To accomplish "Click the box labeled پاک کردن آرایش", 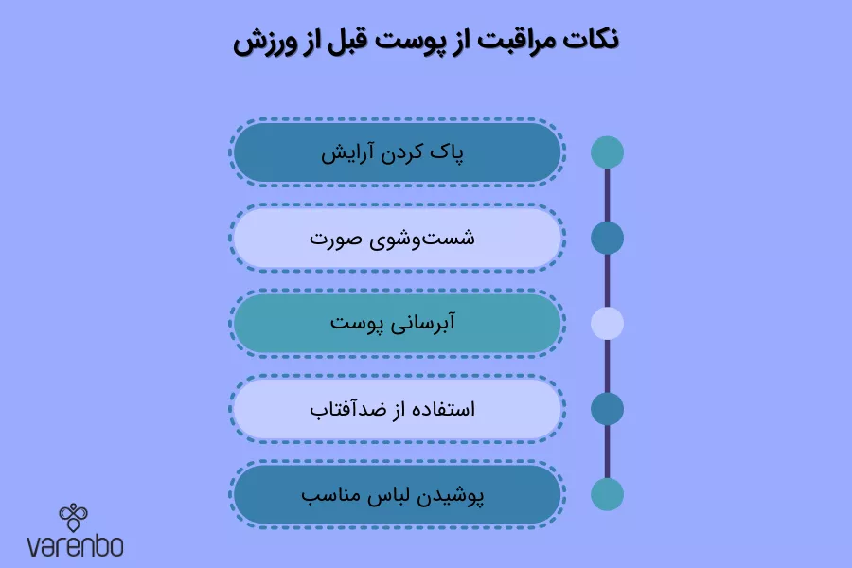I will click(398, 151).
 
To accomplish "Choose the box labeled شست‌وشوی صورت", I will click(398, 238).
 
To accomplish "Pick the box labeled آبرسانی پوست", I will click(398, 324).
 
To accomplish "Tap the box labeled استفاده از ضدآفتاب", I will click(398, 409).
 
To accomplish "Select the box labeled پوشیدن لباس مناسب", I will click(398, 495).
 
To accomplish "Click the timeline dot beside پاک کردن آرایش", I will click(607, 152).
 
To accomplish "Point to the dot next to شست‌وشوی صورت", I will click(607, 238).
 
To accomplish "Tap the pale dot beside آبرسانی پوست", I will click(607, 324).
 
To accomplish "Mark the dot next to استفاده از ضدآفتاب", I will click(607, 409).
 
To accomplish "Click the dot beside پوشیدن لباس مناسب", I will click(607, 494).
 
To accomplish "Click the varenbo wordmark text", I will click(75, 546).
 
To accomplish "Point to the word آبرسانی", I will click(425, 324).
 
